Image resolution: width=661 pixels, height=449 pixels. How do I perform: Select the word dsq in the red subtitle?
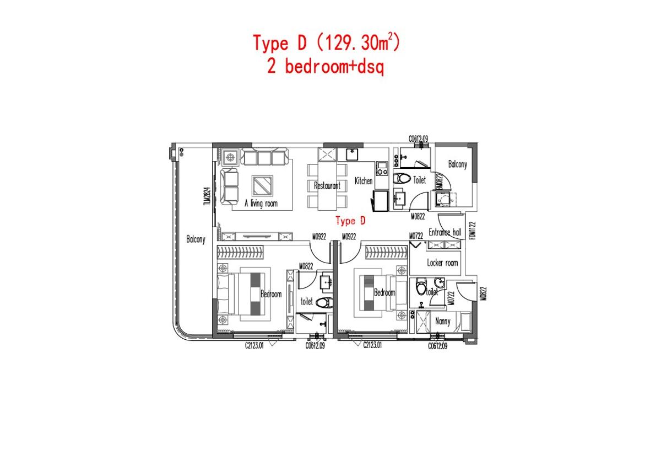(x=369, y=67)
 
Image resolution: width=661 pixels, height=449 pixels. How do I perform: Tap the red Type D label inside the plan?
(x=351, y=221)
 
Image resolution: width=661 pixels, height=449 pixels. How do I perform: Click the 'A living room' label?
(x=261, y=204)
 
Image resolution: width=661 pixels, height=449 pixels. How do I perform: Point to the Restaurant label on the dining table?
(x=327, y=186)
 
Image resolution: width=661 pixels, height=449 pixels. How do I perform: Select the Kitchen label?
(x=364, y=181)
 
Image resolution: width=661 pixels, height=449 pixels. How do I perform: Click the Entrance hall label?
(x=445, y=232)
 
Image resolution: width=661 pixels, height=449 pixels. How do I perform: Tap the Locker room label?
(x=442, y=263)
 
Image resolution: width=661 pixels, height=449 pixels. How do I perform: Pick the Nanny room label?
(x=442, y=321)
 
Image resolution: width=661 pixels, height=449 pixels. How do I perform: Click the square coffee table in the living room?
(x=262, y=185)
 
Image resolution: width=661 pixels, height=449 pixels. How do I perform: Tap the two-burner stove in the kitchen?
(x=381, y=168)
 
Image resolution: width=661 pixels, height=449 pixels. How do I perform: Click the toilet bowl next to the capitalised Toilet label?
(x=403, y=179)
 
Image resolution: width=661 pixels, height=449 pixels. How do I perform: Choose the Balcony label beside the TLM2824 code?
(x=196, y=239)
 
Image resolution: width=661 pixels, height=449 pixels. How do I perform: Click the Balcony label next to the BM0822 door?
(x=457, y=164)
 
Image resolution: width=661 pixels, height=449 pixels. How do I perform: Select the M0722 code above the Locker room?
(x=416, y=236)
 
